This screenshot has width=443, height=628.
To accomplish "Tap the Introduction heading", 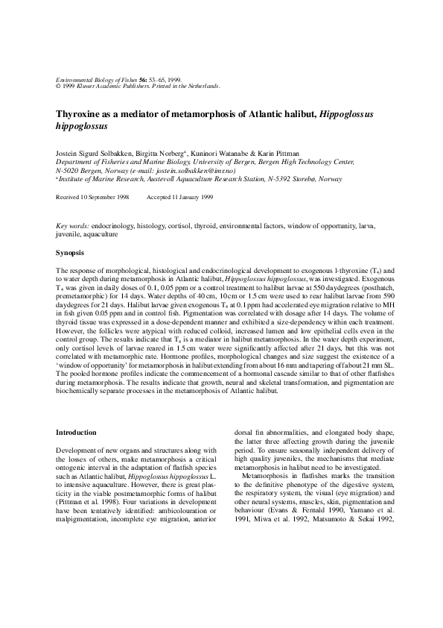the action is coord(80,432).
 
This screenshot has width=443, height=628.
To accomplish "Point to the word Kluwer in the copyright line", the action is coord(92,86).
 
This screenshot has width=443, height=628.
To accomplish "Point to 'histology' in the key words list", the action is coord(152,224).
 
